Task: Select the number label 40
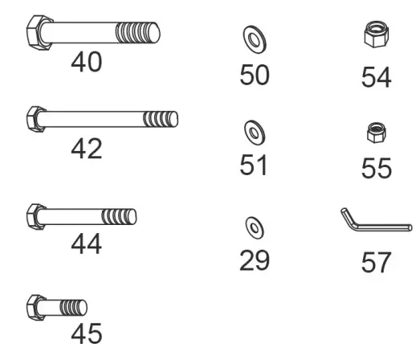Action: click(87, 62)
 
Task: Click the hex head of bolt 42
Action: click(38, 119)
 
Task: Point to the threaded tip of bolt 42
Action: click(160, 120)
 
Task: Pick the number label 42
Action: click(86, 149)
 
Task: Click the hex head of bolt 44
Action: click(37, 215)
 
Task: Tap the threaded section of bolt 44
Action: click(118, 216)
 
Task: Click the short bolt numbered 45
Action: click(56, 305)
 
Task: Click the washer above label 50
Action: click(254, 38)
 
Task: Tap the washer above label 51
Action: click(254, 130)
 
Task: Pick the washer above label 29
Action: click(254, 227)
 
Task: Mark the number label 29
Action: click(255, 260)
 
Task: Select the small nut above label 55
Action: click(373, 131)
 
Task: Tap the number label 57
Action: click(376, 263)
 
